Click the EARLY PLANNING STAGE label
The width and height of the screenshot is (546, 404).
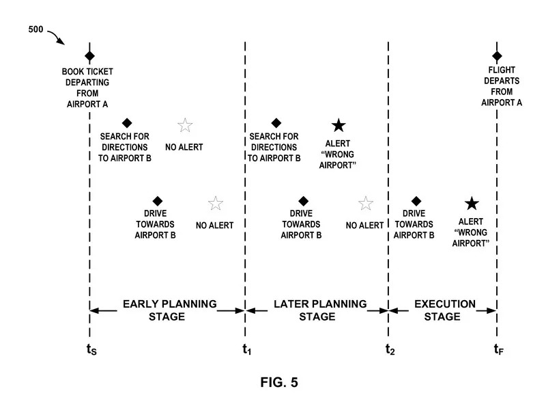click(x=169, y=310)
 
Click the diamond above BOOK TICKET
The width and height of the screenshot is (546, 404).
click(x=89, y=55)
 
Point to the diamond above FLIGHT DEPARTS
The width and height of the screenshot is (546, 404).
click(x=497, y=55)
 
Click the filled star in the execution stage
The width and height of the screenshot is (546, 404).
click(x=472, y=203)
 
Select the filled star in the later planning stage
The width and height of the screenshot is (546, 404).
click(x=339, y=125)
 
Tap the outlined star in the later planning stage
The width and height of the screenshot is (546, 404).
click(x=366, y=203)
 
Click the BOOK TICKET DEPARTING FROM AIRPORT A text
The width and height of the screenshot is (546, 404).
click(x=89, y=87)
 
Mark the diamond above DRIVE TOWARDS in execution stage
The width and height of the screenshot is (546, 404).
click(x=416, y=200)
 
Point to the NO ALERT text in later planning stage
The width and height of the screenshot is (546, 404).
click(x=365, y=226)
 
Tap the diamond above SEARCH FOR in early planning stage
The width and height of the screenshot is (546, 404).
click(x=126, y=123)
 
